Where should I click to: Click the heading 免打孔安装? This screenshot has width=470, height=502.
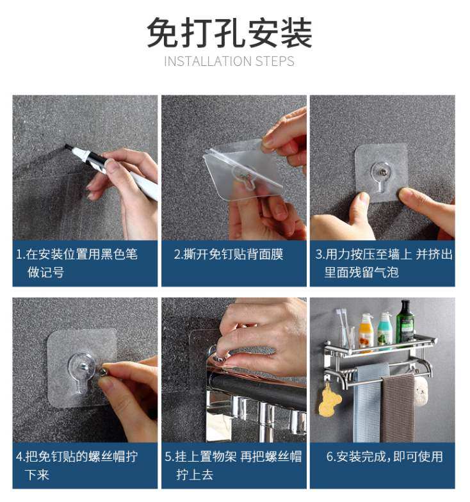229,33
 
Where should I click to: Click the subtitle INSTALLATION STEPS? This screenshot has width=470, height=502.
229,61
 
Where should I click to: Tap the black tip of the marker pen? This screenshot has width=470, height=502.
68,147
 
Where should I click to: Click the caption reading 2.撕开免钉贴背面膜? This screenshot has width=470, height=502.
229,254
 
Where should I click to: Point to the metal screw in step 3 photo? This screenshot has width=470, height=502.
382,170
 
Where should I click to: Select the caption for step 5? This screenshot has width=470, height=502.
233,466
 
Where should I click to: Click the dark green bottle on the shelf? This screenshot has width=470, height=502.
405,323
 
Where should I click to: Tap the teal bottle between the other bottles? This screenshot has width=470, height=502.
385,330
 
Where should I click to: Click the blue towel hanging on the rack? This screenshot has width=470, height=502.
371,403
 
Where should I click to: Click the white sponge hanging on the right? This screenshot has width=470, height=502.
421,390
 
